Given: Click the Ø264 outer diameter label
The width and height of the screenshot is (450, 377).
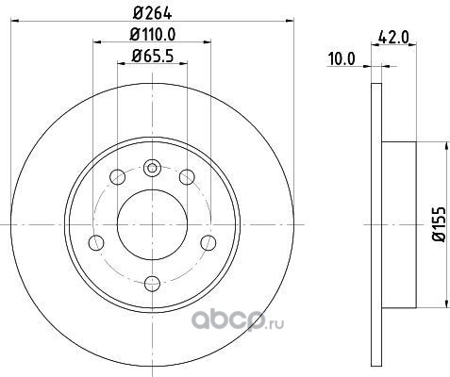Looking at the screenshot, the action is coord(152,13).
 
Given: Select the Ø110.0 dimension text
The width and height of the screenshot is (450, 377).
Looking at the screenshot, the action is coord(153,34).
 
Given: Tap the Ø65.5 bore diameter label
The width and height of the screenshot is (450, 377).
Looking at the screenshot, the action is coord(153,56).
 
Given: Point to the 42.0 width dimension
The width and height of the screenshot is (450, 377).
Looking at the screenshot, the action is coord(393,38).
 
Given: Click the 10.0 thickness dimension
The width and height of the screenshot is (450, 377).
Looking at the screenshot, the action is coord(342,59).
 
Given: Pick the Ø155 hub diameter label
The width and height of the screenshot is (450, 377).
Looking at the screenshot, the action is coord(440,224).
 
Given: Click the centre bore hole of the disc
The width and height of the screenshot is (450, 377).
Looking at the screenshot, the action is coord(152,224).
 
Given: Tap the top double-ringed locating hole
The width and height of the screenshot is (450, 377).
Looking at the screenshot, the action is coord(152,168).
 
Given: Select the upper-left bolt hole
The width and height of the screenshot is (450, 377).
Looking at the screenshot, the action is coord(118,177).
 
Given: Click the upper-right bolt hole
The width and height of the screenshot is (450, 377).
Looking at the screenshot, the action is coord(187,177).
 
